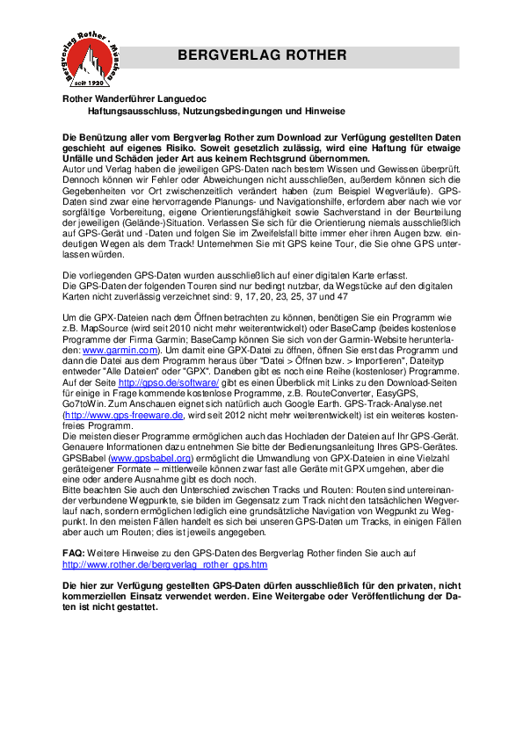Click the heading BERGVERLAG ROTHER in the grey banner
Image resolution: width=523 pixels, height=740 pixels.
(262, 55)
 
